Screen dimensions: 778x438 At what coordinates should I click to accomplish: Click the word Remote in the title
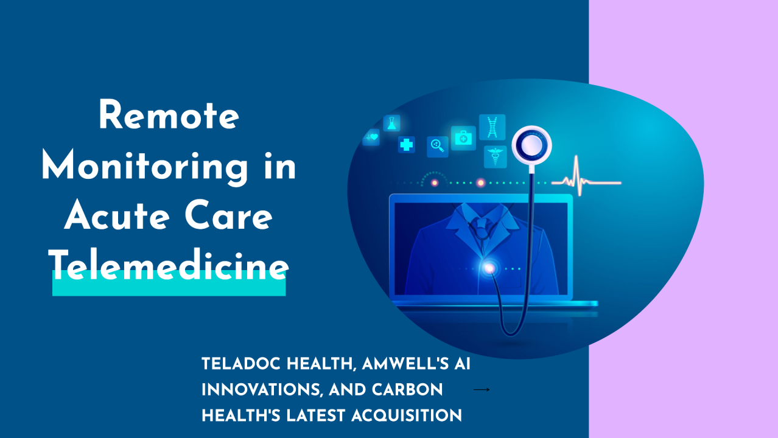tap(169, 115)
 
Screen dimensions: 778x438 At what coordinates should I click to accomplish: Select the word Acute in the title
tap(117, 215)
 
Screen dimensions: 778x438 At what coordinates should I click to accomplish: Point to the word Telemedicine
tap(169, 265)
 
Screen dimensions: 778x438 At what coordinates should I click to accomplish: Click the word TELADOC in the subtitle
tap(242, 364)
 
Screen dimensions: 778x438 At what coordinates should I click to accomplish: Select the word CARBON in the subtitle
tap(407, 390)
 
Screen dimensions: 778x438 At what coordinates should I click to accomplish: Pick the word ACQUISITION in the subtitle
tap(407, 415)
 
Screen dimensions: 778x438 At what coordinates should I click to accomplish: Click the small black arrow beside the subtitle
tap(482, 390)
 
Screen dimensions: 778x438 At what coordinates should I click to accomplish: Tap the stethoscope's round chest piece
tap(531, 145)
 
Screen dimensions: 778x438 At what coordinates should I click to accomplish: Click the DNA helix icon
tap(492, 127)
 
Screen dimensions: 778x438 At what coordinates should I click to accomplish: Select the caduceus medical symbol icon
tap(496, 157)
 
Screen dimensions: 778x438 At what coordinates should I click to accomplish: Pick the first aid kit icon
tap(463, 138)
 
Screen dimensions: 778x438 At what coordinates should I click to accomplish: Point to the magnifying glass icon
tap(437, 147)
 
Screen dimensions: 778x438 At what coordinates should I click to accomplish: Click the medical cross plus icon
tap(407, 145)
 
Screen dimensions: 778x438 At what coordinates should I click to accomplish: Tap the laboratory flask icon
tap(392, 123)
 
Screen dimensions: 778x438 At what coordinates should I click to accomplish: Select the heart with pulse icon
tap(371, 137)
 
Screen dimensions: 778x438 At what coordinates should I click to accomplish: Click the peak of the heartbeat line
tap(576, 156)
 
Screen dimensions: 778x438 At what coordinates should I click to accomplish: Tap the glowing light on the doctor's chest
tap(489, 268)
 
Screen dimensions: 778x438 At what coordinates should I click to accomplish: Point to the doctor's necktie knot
tap(481, 223)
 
